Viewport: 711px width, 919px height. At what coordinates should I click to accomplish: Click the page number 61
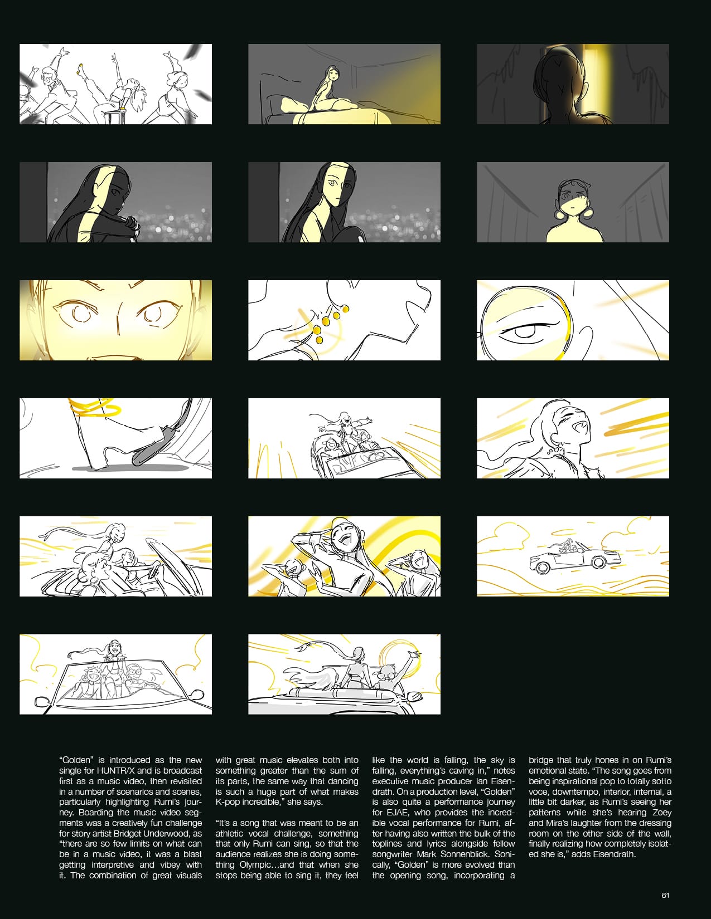tap(665, 896)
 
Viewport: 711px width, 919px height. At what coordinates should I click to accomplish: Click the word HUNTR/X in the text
tap(117, 771)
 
